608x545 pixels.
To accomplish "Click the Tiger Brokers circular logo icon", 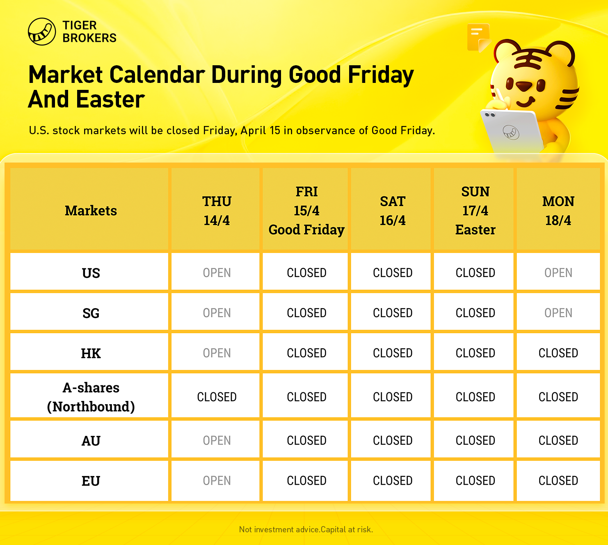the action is (x=42, y=32).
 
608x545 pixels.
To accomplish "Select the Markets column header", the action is (x=91, y=211).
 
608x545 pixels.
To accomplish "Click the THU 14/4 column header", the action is (x=217, y=211).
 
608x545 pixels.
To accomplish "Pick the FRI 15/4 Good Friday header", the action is (x=306, y=211).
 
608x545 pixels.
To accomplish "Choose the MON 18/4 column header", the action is (x=558, y=211).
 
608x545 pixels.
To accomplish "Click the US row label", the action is (x=91, y=273).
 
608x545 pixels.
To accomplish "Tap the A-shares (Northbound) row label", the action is (x=91, y=397).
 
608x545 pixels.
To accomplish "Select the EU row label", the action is (x=91, y=481).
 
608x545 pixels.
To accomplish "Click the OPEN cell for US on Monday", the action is (x=558, y=272).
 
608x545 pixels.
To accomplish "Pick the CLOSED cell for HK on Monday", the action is (x=558, y=353).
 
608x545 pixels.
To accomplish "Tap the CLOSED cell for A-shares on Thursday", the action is (x=217, y=397).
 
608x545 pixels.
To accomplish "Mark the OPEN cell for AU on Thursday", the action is (x=217, y=440).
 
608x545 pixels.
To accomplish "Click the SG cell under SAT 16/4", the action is (x=393, y=313).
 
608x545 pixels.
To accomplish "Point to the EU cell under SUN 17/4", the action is (x=475, y=481).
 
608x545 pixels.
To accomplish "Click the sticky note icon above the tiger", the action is (x=478, y=37).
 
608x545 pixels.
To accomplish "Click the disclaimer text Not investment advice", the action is (x=279, y=529).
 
